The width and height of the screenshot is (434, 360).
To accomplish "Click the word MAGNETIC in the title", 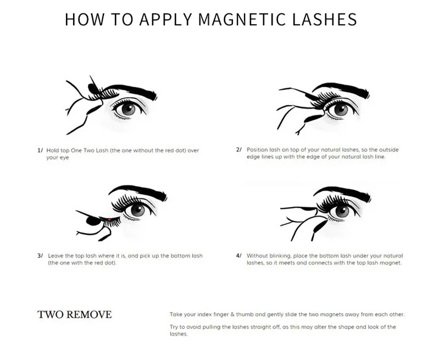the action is pyautogui.click(x=242, y=19).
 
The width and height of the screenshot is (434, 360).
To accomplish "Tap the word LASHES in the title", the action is pyautogui.click(x=324, y=19).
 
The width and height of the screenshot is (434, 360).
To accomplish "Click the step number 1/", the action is pyautogui.click(x=40, y=151).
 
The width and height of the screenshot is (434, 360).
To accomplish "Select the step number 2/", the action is pyautogui.click(x=239, y=149).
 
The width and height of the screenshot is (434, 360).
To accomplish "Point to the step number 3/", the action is pyautogui.click(x=40, y=256).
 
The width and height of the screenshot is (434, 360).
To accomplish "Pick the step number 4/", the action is pyautogui.click(x=239, y=256).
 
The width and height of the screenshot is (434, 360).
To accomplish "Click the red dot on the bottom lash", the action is pyautogui.click(x=109, y=220).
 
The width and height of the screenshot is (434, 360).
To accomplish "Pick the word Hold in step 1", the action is pyautogui.click(x=52, y=151).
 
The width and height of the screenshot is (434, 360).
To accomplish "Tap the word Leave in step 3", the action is pyautogui.click(x=55, y=256).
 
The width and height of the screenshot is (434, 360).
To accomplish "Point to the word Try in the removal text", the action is pyautogui.click(x=174, y=327).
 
